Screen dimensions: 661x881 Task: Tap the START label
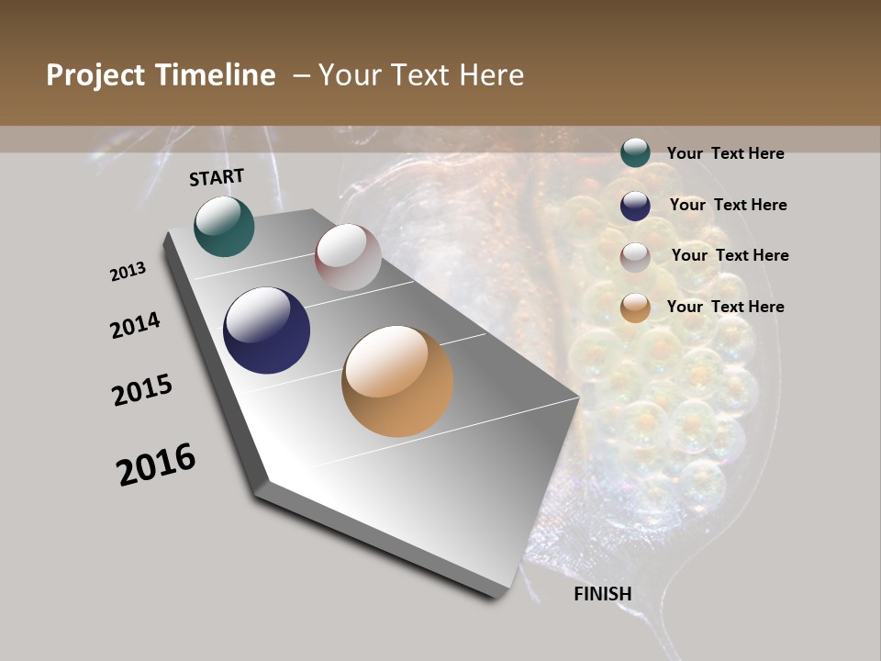click(x=217, y=177)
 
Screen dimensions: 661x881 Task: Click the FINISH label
click(x=603, y=594)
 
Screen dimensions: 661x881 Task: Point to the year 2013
click(x=128, y=272)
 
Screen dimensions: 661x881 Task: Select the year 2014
click(x=135, y=325)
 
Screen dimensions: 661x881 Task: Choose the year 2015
click(x=142, y=390)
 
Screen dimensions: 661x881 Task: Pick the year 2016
click(x=156, y=464)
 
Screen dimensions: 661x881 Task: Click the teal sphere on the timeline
click(x=224, y=226)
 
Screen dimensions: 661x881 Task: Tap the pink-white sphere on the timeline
click(x=348, y=257)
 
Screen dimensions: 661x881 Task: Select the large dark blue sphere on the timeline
click(x=266, y=330)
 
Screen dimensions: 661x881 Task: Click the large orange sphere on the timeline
click(x=397, y=381)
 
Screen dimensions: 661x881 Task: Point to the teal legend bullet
click(x=635, y=152)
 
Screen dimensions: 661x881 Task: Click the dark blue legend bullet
click(x=635, y=206)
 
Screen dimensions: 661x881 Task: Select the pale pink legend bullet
click(x=635, y=257)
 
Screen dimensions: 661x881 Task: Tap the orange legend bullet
click(x=635, y=308)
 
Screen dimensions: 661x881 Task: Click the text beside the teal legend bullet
click(x=725, y=153)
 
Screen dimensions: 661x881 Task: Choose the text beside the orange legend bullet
click(x=725, y=307)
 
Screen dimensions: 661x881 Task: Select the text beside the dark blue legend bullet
click(x=728, y=205)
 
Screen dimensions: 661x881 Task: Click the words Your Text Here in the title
click(x=421, y=75)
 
